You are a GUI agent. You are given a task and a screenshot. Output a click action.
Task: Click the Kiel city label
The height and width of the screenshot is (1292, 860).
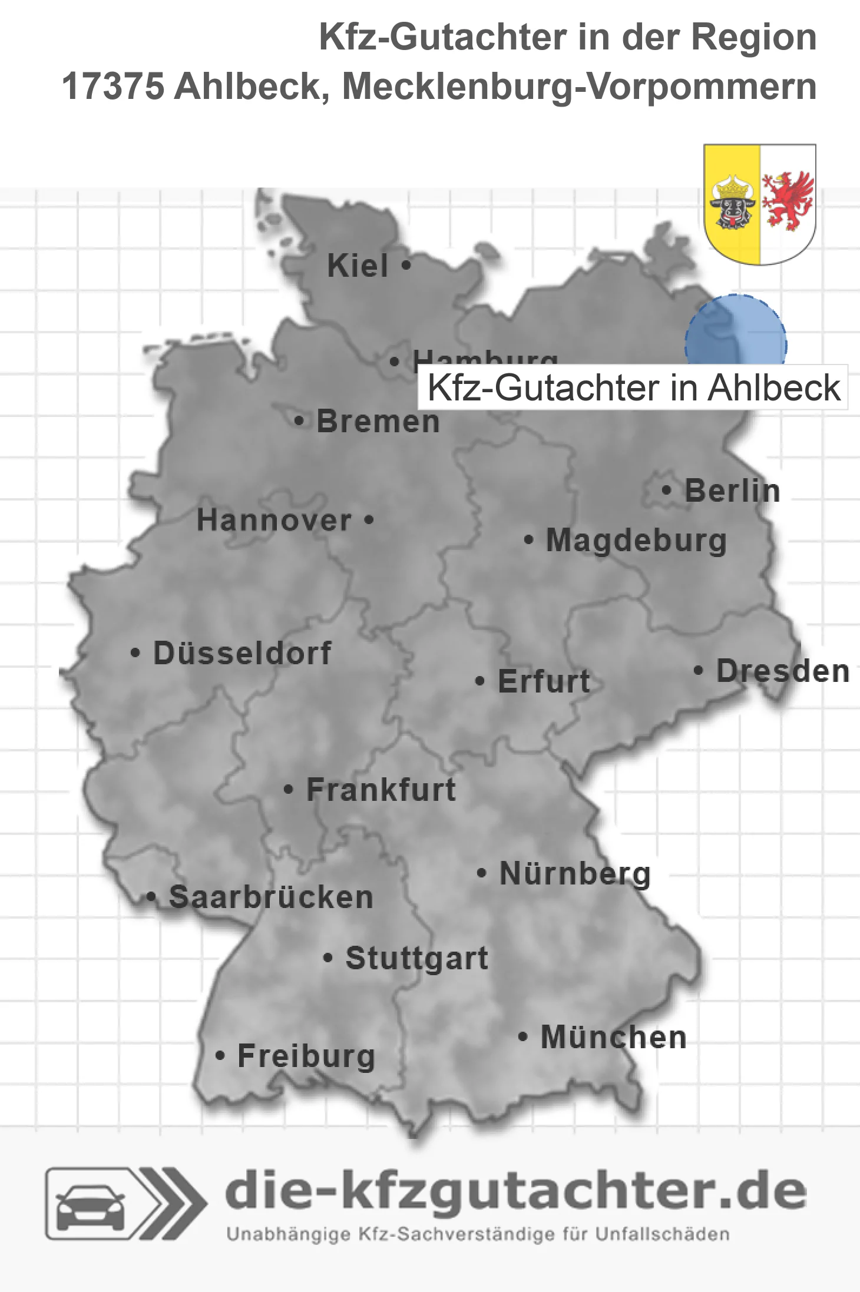click(x=358, y=266)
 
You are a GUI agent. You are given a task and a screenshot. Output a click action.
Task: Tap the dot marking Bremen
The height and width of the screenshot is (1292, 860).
click(x=299, y=421)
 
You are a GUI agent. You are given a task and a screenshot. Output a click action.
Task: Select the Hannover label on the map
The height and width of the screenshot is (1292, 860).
click(x=274, y=521)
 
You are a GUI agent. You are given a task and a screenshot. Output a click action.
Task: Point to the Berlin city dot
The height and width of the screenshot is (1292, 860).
click(x=666, y=490)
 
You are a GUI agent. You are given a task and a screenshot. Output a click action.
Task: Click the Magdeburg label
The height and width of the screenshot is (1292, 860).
click(x=636, y=541)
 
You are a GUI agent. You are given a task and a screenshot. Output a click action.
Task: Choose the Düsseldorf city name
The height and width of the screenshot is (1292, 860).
click(x=242, y=653)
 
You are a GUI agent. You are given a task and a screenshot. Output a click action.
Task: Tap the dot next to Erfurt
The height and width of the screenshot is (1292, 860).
click(x=479, y=681)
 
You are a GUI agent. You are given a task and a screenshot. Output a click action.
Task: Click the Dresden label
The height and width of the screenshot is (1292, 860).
click(x=783, y=671)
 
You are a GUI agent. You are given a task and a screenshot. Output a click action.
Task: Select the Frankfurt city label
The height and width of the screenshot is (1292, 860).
click(x=381, y=790)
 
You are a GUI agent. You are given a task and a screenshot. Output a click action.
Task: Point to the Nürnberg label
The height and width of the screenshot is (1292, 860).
click(x=575, y=873)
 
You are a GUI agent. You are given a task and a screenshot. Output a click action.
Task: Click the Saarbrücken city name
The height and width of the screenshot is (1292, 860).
click(x=271, y=897)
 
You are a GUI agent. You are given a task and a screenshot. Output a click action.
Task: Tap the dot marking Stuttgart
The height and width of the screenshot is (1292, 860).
click(x=328, y=958)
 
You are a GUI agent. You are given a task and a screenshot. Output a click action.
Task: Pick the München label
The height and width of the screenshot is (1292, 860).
click(x=614, y=1037)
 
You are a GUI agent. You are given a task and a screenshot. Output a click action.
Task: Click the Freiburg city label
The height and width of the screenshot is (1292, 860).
click(x=306, y=1056)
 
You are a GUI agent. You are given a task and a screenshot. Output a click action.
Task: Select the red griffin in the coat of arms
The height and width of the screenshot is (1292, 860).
click(x=788, y=200)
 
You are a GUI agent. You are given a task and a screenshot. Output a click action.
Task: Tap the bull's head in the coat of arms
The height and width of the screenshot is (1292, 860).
click(x=732, y=203)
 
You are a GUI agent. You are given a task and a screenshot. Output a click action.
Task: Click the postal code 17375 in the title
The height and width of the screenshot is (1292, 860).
click(x=113, y=87)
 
